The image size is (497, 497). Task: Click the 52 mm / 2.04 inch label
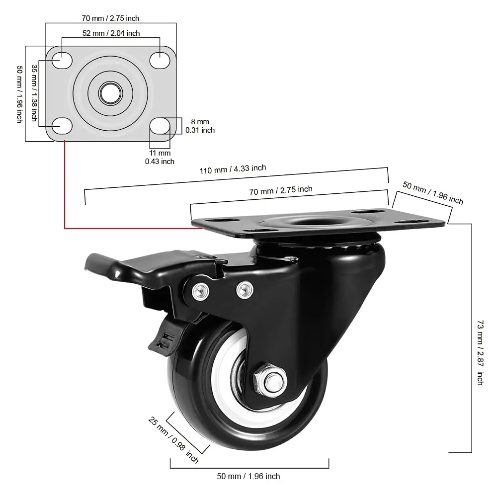111,33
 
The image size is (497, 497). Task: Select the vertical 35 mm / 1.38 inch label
34,92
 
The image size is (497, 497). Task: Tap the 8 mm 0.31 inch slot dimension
200,126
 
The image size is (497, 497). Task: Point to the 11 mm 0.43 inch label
160,157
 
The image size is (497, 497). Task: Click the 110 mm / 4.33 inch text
233,169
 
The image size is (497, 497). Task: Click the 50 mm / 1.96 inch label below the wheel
248,476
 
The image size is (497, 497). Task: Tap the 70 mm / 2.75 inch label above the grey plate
110,18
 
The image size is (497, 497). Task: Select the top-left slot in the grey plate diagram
62,60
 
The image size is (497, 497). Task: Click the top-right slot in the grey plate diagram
160,60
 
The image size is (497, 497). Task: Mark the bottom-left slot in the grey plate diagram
62,126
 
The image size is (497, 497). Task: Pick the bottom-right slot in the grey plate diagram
160,126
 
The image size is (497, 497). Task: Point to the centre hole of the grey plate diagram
110,92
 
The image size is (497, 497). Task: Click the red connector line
65,199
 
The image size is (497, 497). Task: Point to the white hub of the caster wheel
226,378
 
